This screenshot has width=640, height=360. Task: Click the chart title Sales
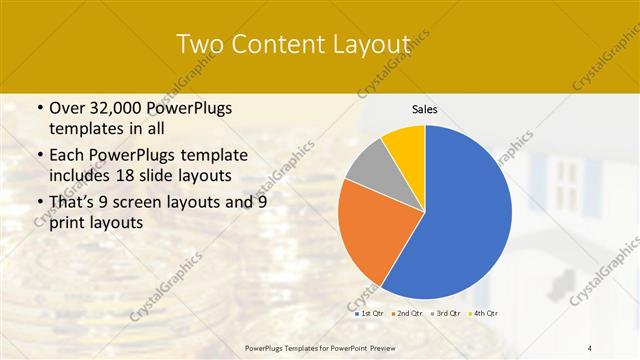coord(425,110)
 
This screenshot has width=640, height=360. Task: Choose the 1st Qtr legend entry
coord(371,313)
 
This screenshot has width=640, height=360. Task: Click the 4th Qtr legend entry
coord(484,313)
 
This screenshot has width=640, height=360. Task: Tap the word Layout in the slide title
coord(369,45)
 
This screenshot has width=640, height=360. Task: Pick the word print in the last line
coord(67,223)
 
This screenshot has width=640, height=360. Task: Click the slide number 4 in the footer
coord(590,347)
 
